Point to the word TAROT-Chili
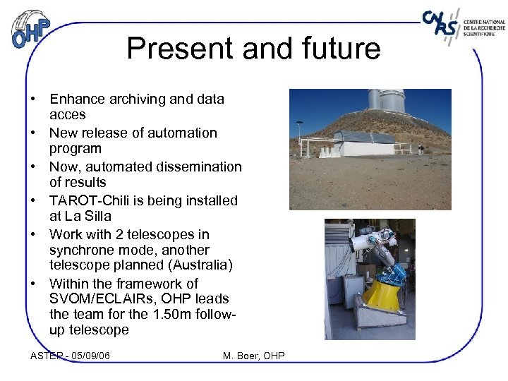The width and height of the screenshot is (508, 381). (90, 201)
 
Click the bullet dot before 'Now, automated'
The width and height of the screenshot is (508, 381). (34, 167)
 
